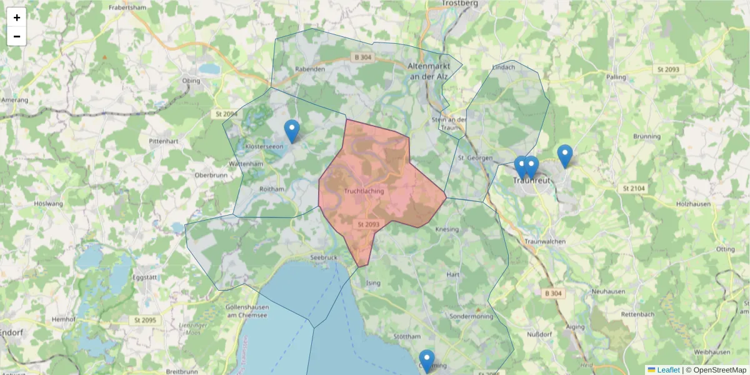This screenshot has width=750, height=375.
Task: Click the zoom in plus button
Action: click(17, 17)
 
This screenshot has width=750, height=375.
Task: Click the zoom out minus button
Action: click(17, 36)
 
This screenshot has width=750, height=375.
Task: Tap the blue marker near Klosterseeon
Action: click(292, 131)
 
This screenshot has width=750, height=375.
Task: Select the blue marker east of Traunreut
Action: click(564, 156)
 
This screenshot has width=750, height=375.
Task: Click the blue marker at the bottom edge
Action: click(427, 361)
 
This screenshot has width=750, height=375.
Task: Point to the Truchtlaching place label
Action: click(364, 191)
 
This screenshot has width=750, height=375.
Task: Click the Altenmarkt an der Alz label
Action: click(428, 71)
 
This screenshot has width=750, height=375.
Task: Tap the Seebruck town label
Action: click(324, 257)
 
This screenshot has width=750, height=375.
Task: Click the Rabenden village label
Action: click(311, 69)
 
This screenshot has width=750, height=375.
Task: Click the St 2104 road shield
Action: click(634, 188)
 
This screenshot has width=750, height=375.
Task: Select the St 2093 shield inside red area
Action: click(369, 224)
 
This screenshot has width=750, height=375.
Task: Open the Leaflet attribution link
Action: click(667, 370)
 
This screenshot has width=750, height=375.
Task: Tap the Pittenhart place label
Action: click(164, 142)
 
